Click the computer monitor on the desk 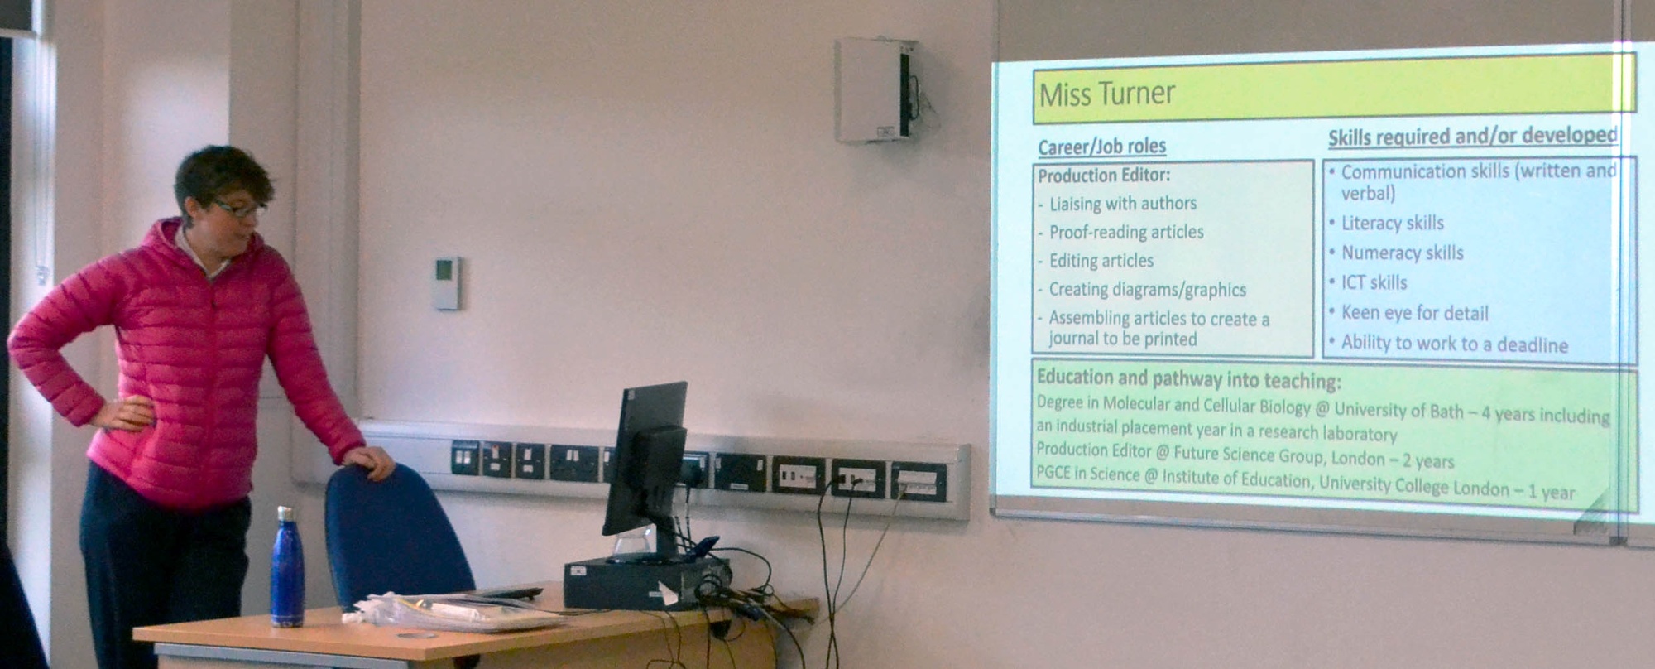click(645, 460)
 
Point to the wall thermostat click(447, 283)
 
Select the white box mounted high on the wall click(875, 90)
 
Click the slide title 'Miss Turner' click(1106, 94)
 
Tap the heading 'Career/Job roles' click(1101, 147)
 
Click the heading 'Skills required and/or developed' click(1472, 136)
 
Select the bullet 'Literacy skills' click(1392, 223)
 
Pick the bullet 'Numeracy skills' click(1402, 253)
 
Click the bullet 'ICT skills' click(1374, 282)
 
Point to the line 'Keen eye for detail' click(1414, 313)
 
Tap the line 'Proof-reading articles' click(1126, 232)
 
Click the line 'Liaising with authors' click(1123, 204)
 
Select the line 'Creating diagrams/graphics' click(1147, 290)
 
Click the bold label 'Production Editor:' click(1104, 176)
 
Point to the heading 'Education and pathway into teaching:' click(1188, 379)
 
